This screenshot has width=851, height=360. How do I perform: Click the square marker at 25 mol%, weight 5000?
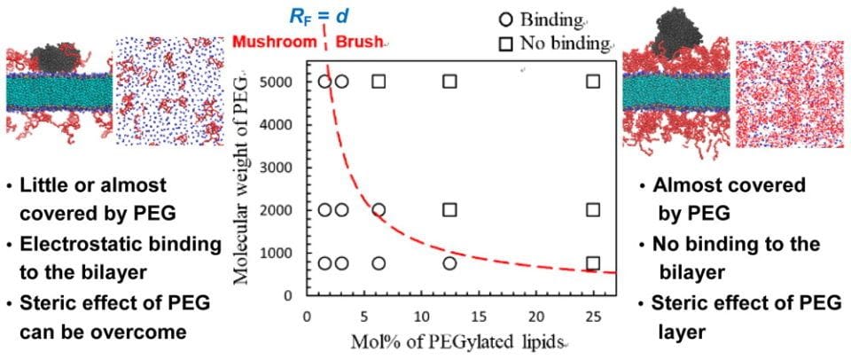pyautogui.click(x=593, y=82)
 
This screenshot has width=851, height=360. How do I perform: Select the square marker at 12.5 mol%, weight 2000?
pyautogui.click(x=449, y=210)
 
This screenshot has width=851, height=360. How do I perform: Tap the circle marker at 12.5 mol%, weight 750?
pyautogui.click(x=449, y=263)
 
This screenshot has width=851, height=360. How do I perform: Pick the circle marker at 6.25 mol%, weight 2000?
pyautogui.click(x=379, y=210)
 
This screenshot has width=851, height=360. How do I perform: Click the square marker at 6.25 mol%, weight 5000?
pyautogui.click(x=379, y=82)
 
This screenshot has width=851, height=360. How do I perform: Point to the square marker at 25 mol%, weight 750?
pyautogui.click(x=593, y=263)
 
